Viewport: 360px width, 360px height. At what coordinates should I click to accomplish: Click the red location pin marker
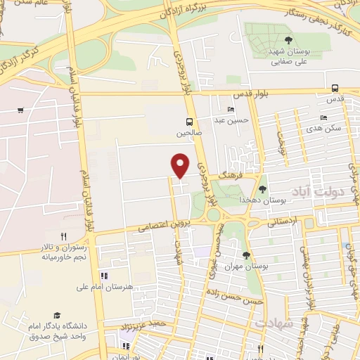click(x=181, y=165)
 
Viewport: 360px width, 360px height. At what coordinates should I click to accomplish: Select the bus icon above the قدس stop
click(x=335, y=88)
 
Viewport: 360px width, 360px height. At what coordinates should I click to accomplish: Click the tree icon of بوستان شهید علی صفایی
click(x=288, y=39)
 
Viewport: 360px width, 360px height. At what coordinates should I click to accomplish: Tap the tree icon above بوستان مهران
click(x=245, y=255)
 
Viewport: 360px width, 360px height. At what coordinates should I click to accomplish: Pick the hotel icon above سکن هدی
click(x=323, y=117)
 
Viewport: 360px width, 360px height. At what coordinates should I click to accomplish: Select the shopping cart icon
click(x=20, y=110)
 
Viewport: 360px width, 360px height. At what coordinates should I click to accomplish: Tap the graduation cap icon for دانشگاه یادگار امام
click(x=56, y=316)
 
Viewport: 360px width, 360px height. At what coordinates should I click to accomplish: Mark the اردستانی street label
click(x=283, y=223)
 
